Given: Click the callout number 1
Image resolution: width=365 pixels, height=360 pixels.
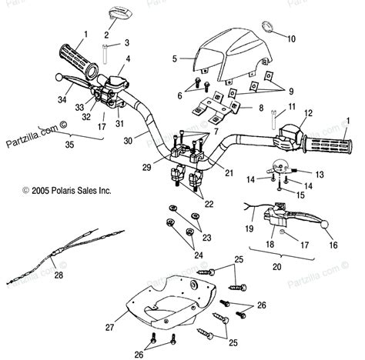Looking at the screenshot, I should [85, 34].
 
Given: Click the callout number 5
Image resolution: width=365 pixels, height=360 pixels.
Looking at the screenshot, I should [175, 58].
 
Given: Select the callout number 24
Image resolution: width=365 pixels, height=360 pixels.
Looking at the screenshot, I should [199, 255].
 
